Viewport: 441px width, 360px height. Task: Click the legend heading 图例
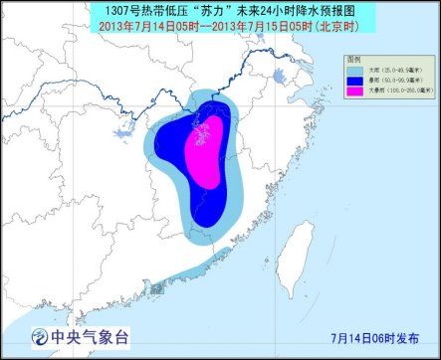[x=354, y=60]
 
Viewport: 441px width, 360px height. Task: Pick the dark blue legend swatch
[x=353, y=80]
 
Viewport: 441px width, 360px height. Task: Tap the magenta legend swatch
[x=353, y=90]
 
